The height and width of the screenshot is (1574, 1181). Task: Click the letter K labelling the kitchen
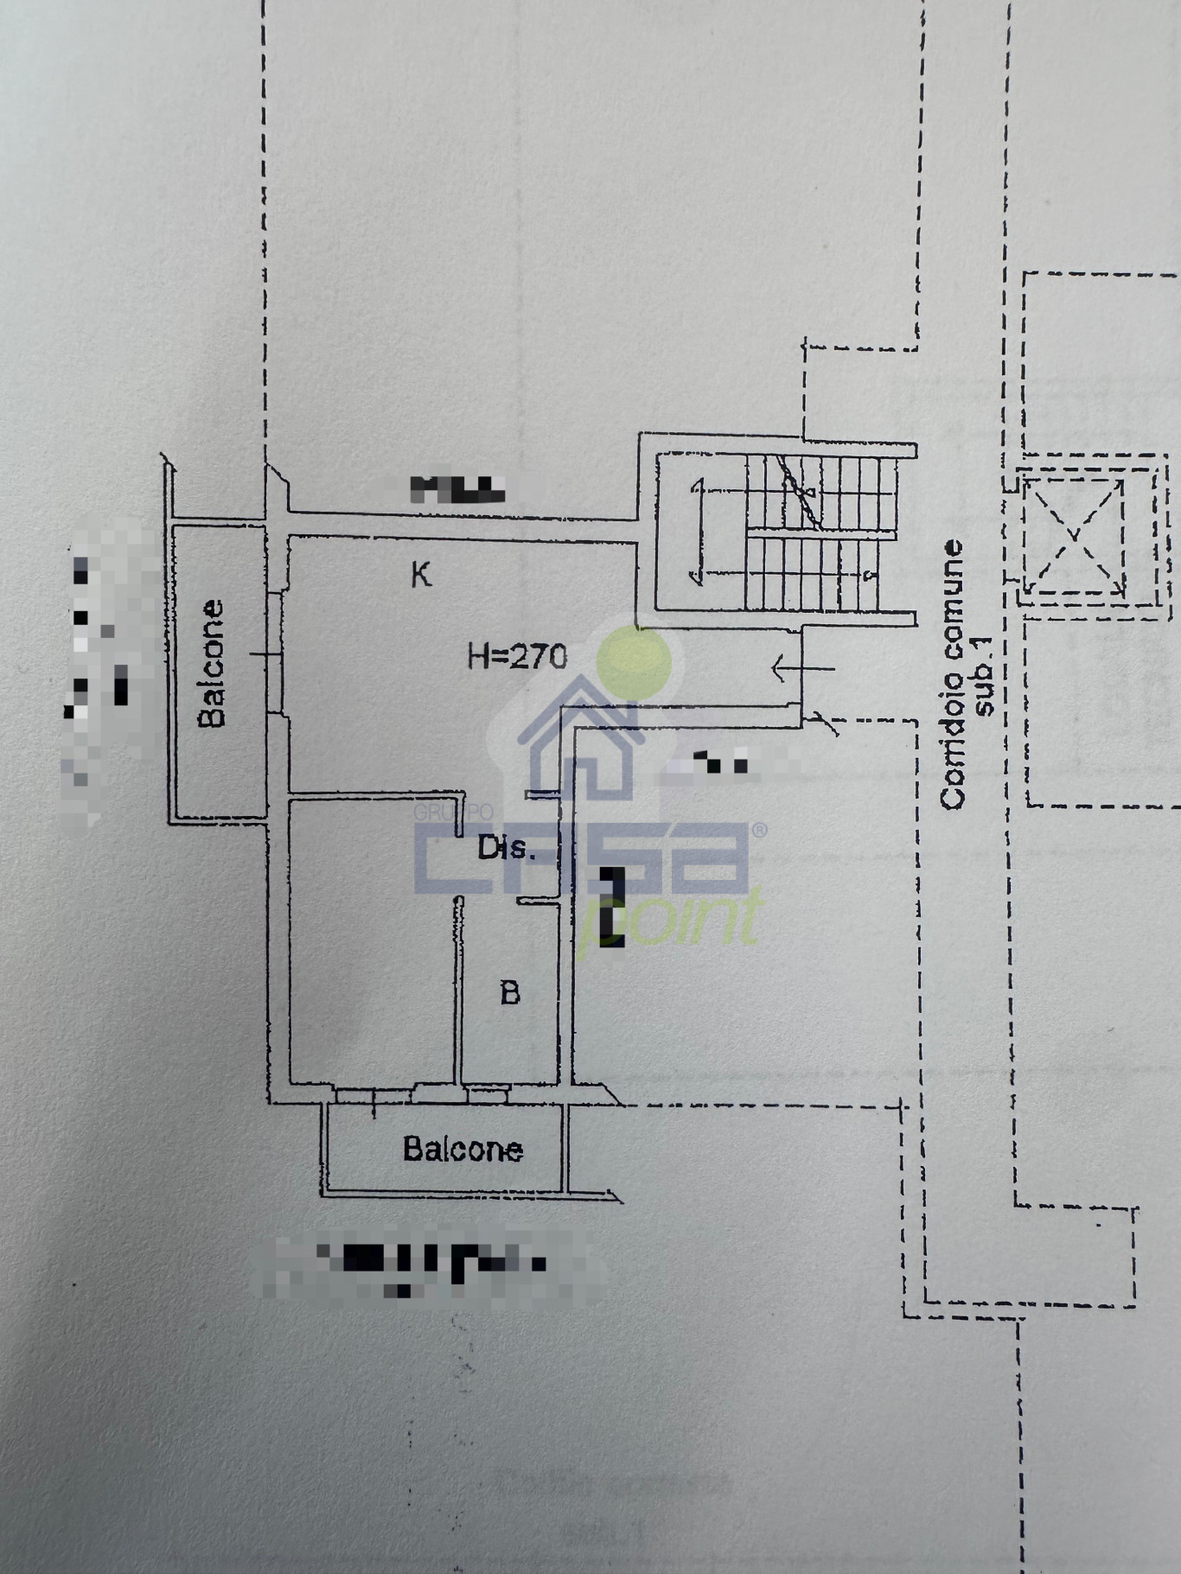421,574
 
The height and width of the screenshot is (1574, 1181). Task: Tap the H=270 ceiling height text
517,657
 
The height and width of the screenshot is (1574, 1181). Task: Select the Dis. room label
508,848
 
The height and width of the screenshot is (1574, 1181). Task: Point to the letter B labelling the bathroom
510,992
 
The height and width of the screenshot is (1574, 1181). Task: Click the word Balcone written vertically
212,664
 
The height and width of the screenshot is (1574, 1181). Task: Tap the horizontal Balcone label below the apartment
463,1149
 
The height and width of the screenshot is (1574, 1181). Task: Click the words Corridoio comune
954,674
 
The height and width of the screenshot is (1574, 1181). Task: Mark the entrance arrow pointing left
801,667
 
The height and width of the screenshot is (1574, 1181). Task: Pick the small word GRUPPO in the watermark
453,813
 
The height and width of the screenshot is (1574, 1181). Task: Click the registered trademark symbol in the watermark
759,831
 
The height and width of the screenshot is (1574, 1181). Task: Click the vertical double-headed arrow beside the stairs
696,531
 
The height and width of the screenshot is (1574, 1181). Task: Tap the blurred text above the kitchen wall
456,489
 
